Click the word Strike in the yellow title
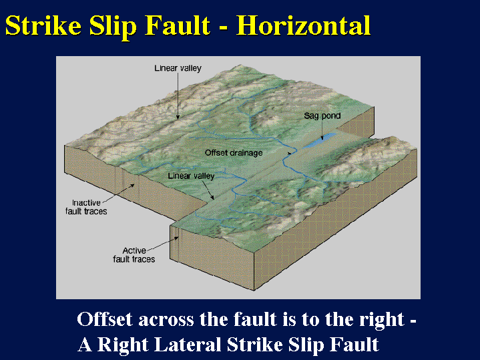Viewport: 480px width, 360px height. [43, 25]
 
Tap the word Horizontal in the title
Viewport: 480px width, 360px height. [303, 25]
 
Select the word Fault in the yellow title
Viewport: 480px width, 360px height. [177, 25]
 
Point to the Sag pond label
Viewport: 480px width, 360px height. [322, 116]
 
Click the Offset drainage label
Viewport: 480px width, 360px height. [234, 152]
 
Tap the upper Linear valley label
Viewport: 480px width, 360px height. [178, 68]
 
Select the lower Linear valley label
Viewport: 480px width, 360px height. [191, 176]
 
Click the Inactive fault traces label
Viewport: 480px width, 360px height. [86, 207]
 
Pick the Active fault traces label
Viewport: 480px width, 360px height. [134, 254]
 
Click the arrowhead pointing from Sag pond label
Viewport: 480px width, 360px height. [322, 138]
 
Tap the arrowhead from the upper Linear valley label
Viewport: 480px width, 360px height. [178, 117]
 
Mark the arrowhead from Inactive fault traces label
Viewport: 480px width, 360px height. [132, 185]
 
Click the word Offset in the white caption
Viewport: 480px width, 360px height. [105, 319]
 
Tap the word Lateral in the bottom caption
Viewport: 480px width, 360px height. [188, 344]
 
